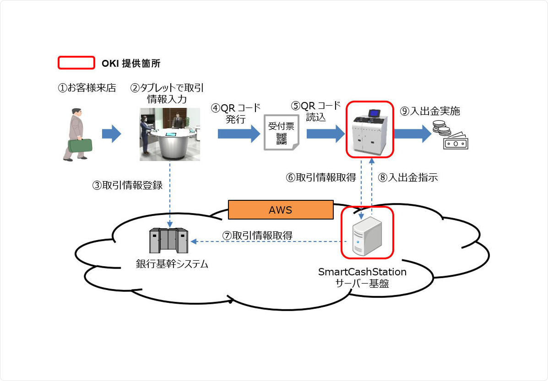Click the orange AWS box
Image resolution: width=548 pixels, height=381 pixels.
coord(280,210)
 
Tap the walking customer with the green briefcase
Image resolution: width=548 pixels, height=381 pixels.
coord(76,134)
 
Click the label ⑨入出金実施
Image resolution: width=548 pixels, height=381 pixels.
coord(429,111)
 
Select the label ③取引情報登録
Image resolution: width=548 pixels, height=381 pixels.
coord(127,186)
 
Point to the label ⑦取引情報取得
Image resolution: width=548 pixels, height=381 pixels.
coord(257,235)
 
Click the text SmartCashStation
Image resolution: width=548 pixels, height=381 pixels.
coord(362,272)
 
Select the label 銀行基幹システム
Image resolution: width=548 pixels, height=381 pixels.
coord(172,264)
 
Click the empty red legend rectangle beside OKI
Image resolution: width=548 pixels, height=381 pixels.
coord(76,63)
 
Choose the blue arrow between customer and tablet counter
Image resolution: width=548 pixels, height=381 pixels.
coord(111,134)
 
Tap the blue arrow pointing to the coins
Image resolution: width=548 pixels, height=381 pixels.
coord(412,134)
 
